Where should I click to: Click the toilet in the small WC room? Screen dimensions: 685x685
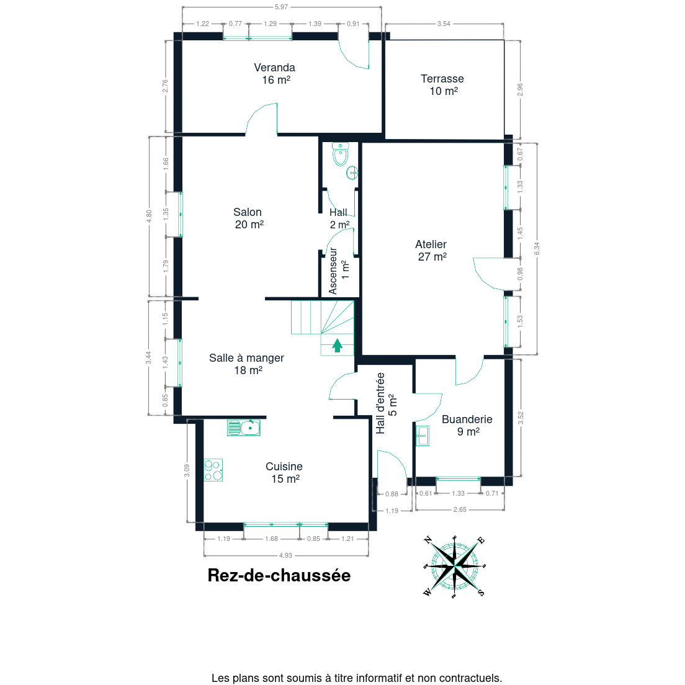(341, 154)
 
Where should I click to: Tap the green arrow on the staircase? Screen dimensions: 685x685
(337, 345)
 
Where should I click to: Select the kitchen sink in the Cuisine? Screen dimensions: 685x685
(243, 428)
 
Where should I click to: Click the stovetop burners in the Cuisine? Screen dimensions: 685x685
(213, 470)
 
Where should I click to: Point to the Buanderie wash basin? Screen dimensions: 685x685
(423, 436)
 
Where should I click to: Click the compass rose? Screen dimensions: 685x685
(454, 566)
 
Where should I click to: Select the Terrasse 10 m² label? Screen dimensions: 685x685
(442, 85)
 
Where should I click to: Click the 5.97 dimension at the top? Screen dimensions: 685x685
(281, 7)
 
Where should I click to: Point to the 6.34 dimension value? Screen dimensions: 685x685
(537, 249)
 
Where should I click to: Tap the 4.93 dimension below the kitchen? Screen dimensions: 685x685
(285, 555)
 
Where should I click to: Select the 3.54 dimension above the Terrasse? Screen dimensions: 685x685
(444, 24)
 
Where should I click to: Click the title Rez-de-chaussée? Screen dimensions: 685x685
(279, 575)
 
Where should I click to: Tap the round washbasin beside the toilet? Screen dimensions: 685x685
(352, 173)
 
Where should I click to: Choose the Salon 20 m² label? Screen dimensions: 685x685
(248, 218)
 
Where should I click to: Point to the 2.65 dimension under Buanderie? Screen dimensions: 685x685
(460, 509)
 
